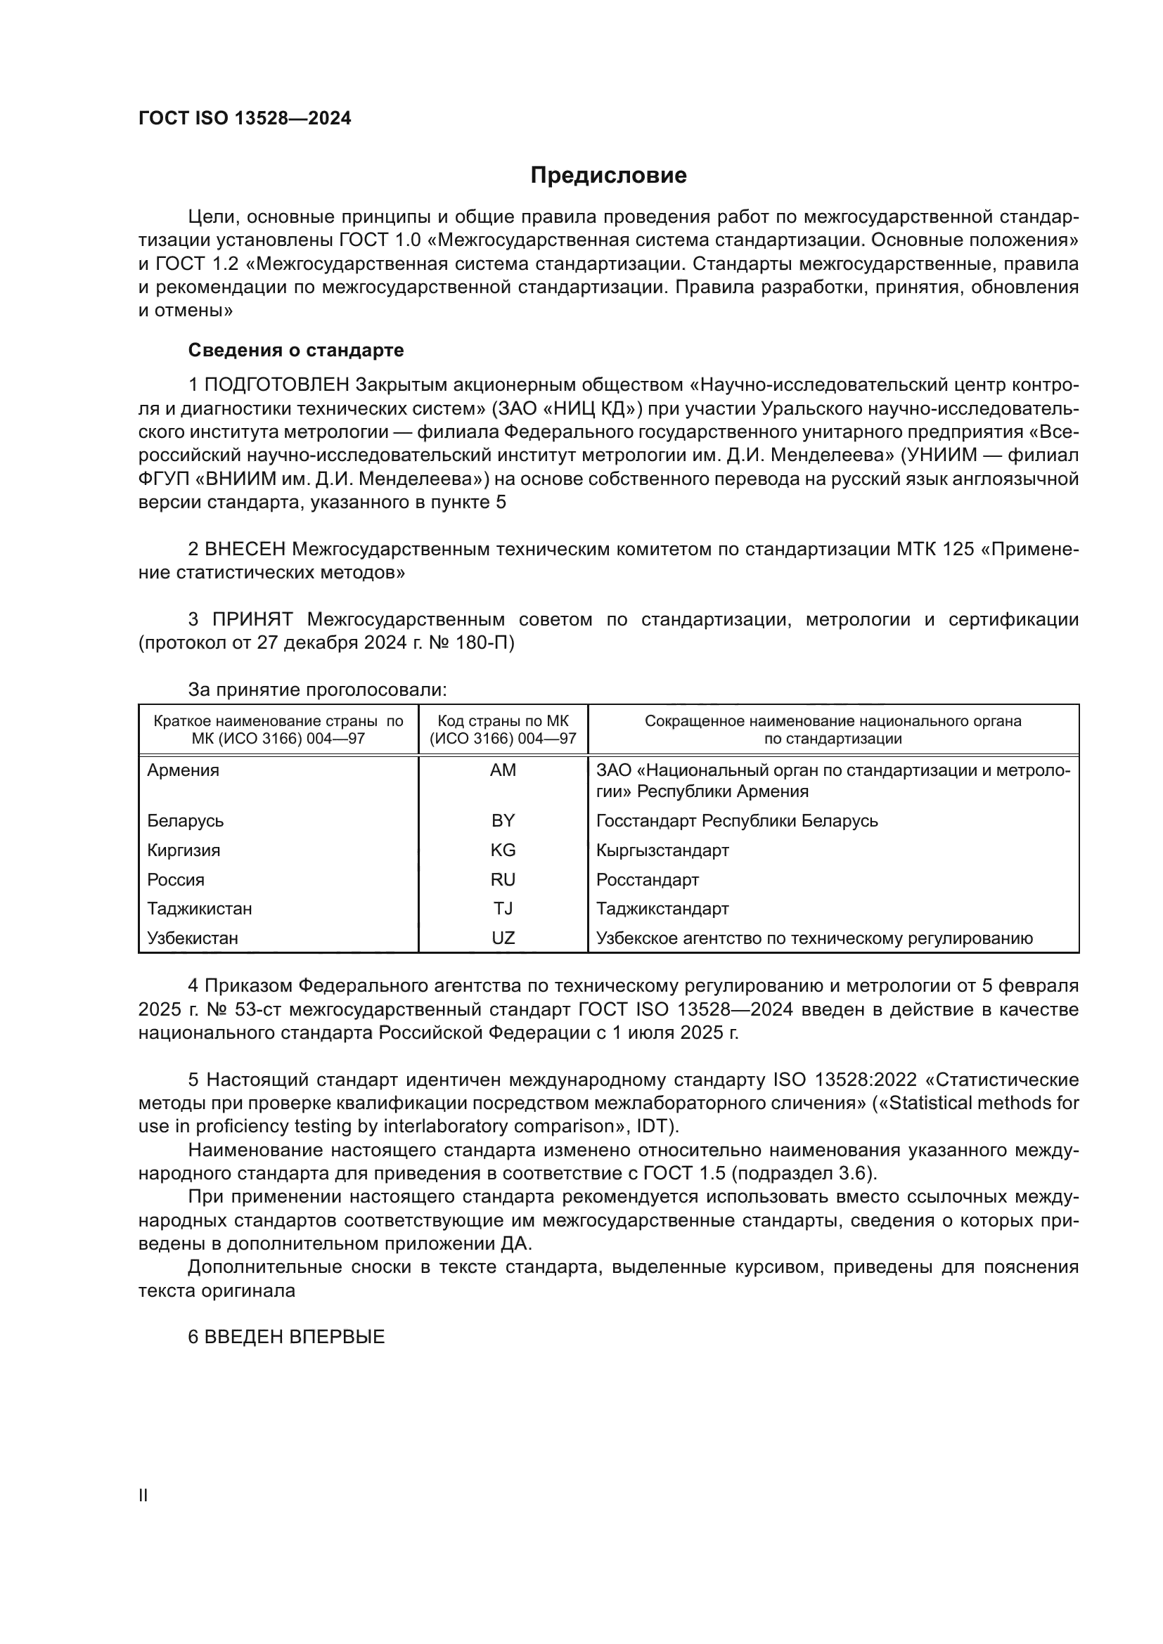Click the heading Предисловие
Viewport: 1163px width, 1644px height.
[x=608, y=176]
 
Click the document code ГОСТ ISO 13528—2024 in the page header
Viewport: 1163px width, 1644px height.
[x=245, y=119]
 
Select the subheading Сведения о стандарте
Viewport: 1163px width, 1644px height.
[x=296, y=350]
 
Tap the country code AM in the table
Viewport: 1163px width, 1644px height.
[x=503, y=770]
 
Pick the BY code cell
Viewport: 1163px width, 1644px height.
[x=503, y=820]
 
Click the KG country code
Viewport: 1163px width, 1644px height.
[x=503, y=850]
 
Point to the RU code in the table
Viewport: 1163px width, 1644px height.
[x=503, y=879]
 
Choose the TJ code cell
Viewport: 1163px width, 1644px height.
[x=503, y=909]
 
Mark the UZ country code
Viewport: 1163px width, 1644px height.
[x=503, y=938]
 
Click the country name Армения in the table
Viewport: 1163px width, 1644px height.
[x=184, y=770]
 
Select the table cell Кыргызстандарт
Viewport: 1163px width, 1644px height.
[x=662, y=850]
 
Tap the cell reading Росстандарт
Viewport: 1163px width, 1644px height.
[x=648, y=880]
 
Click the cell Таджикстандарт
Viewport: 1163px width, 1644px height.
[x=662, y=909]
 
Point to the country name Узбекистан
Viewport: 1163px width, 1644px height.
[x=193, y=938]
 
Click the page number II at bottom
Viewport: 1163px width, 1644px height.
[x=143, y=1496]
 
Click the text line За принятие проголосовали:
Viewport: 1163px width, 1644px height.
[x=317, y=690]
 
